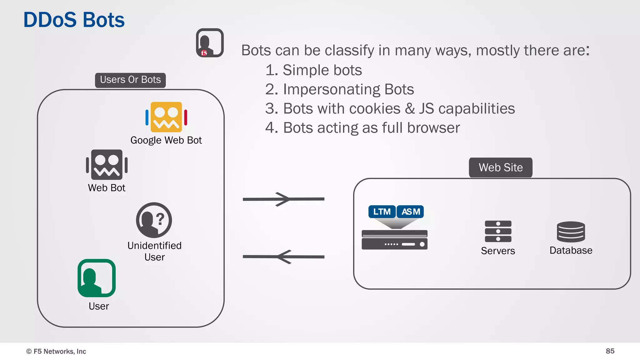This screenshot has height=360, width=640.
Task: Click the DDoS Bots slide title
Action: [x=74, y=20]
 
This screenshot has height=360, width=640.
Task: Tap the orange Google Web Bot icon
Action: [x=166, y=117]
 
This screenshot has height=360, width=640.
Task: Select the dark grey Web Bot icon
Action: [x=107, y=165]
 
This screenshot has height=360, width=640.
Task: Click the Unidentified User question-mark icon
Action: [x=154, y=220]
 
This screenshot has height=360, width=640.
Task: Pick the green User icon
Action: [x=97, y=278]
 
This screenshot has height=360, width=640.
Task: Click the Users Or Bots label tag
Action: [x=130, y=80]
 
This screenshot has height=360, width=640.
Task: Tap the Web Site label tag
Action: [x=500, y=167]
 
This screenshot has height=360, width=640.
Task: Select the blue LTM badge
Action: [x=382, y=212]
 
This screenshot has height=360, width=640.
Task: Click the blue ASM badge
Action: [x=410, y=212]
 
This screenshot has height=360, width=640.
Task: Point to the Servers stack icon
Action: [x=498, y=231]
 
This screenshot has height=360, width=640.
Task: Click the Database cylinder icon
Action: [x=571, y=232]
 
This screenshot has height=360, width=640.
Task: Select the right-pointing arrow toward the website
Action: [x=283, y=199]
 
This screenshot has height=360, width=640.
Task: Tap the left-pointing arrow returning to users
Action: [x=283, y=257]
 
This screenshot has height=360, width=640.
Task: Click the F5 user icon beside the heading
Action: [x=210, y=43]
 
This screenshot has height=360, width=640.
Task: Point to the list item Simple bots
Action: [x=313, y=70]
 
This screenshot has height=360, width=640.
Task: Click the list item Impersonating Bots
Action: [x=339, y=89]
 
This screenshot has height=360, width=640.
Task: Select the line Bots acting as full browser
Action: [x=362, y=128]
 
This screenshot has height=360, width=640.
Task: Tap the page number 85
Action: [x=610, y=351]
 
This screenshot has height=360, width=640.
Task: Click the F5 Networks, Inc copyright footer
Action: [x=56, y=351]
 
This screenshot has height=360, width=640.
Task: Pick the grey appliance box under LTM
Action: [x=394, y=240]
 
